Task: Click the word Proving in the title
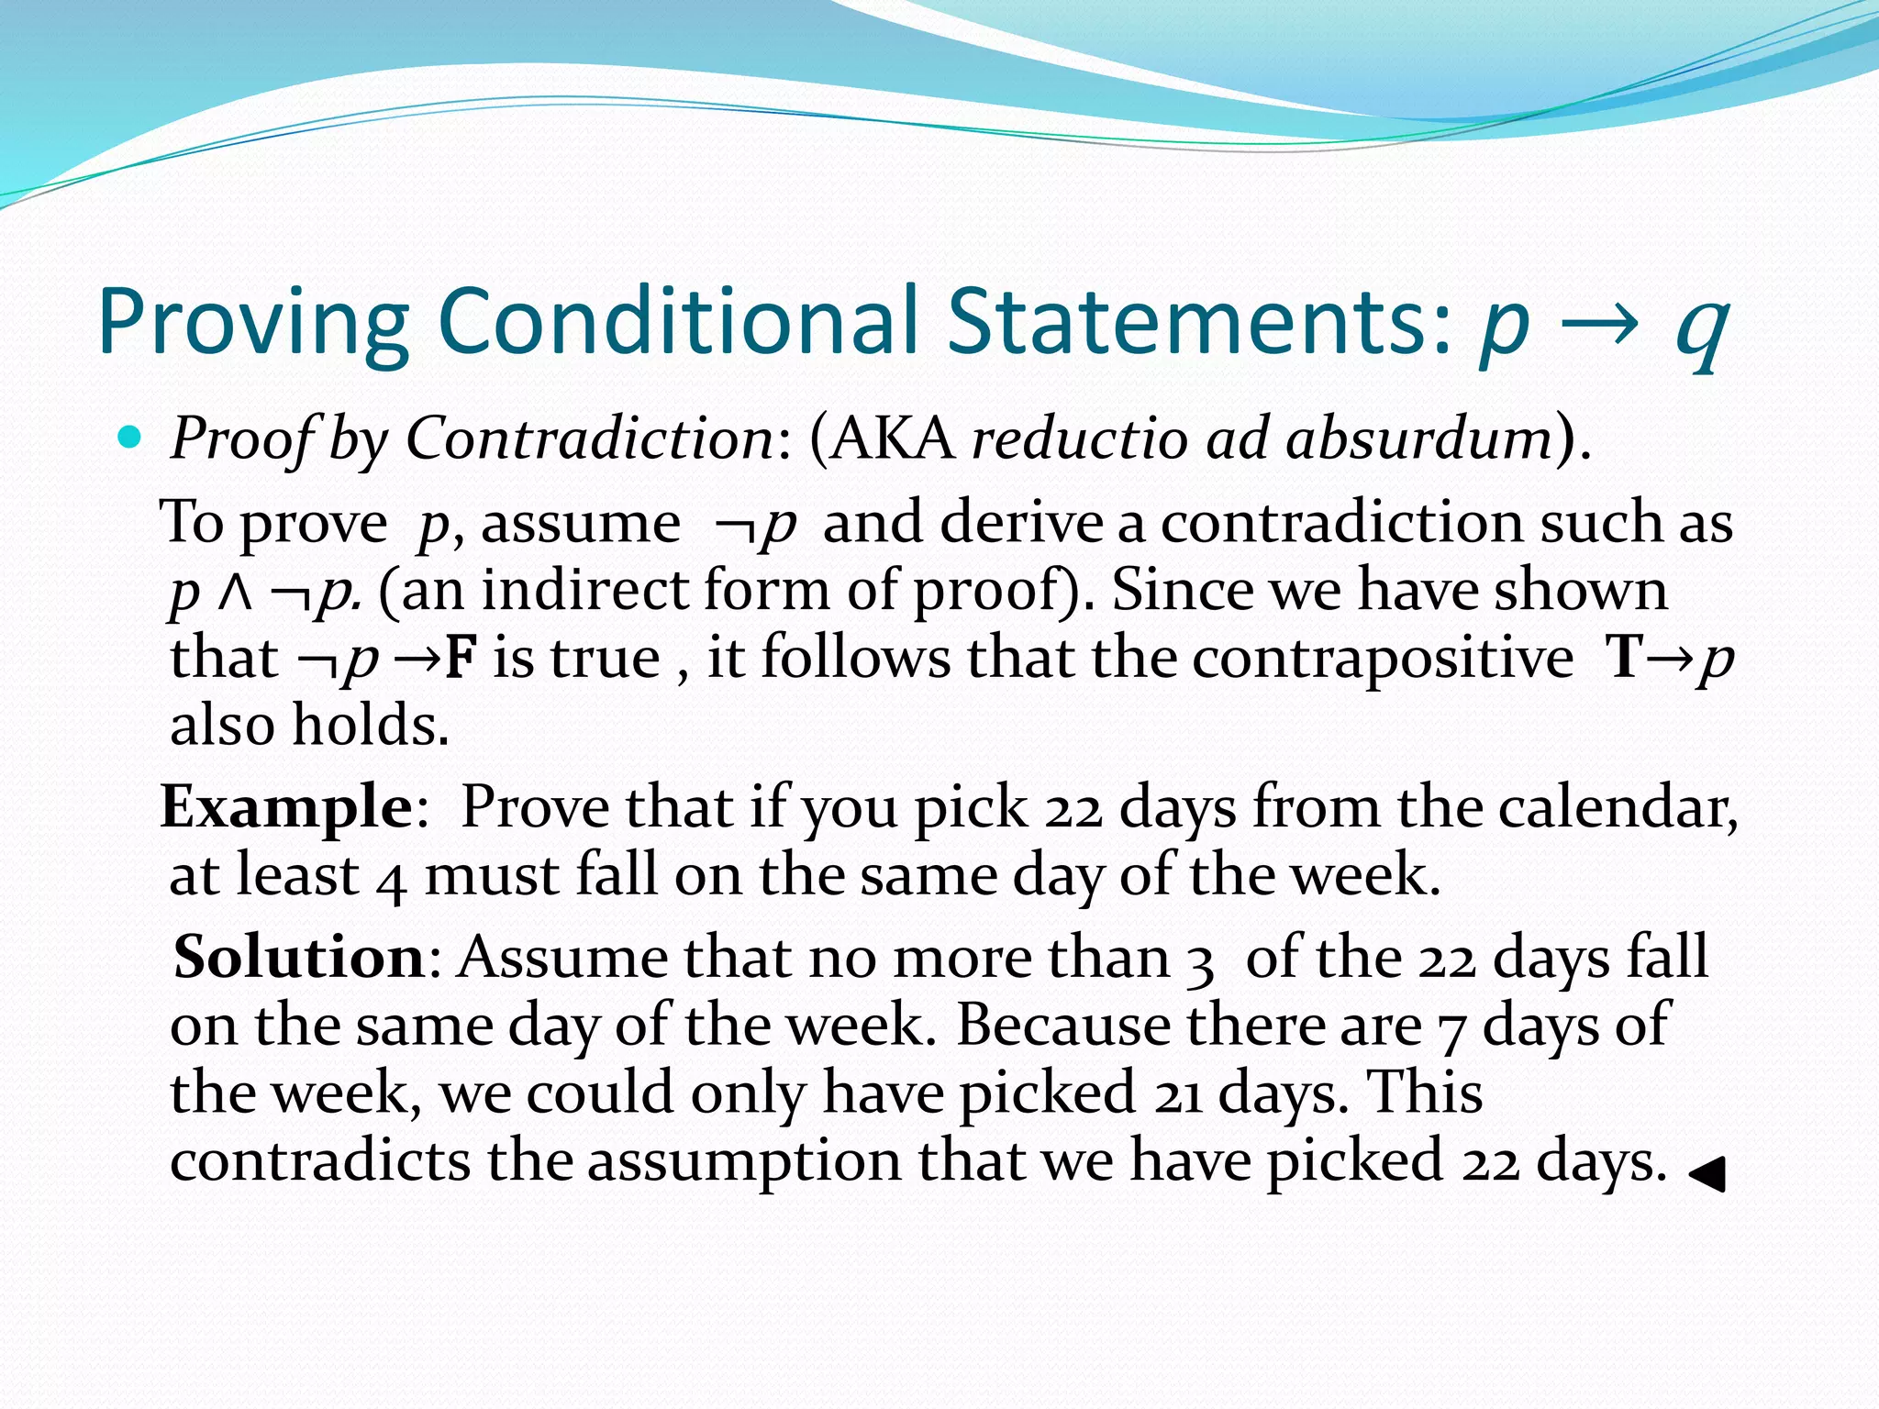pos(253,323)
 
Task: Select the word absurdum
pos(1418,438)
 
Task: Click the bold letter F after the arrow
pos(461,658)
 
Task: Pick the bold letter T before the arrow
pos(1625,658)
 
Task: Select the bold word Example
pos(287,807)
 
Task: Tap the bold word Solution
pos(299,958)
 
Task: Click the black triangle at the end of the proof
pos(1707,1173)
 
